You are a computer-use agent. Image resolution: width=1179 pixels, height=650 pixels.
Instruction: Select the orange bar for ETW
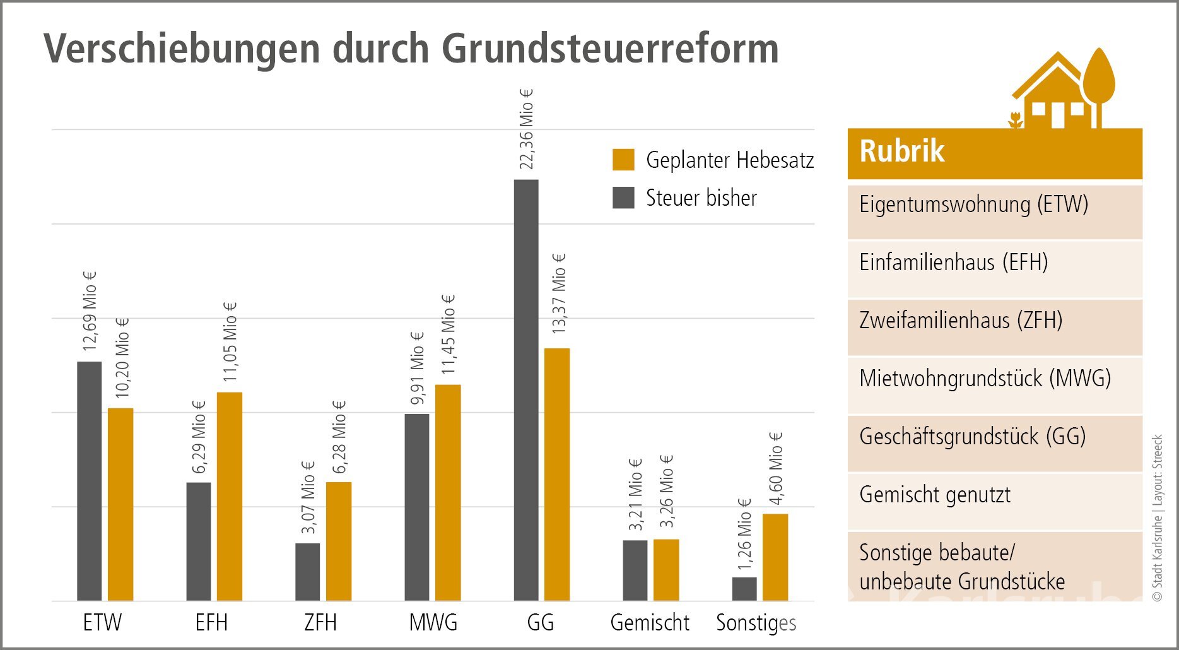point(120,504)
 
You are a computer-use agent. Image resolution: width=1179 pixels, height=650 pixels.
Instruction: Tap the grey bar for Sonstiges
point(744,589)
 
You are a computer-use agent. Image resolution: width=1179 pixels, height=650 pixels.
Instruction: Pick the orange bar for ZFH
point(339,541)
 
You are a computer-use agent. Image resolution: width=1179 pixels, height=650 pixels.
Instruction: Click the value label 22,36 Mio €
point(526,129)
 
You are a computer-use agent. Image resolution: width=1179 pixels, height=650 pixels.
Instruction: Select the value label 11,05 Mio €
point(230,341)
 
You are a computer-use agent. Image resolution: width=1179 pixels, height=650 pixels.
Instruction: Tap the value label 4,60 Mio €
point(775,468)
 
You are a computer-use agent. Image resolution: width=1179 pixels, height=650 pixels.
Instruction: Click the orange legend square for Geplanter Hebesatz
point(623,160)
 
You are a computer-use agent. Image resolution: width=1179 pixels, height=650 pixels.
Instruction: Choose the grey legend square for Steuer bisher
point(623,198)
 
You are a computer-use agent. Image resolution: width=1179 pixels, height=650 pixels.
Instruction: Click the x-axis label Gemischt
point(650,623)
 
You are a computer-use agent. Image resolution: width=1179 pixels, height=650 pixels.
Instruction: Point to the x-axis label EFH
point(211,623)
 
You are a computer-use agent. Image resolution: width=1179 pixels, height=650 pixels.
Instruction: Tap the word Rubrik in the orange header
point(902,151)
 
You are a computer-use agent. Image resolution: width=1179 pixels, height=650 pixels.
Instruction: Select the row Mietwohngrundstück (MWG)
point(985,379)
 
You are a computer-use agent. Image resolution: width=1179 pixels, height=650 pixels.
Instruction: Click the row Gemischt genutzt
point(935,495)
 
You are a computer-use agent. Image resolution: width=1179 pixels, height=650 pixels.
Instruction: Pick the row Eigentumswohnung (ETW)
point(973,204)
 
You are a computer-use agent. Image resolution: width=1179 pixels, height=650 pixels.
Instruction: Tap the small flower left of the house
point(1015,120)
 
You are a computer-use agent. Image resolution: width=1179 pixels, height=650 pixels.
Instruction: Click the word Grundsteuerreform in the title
point(609,49)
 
